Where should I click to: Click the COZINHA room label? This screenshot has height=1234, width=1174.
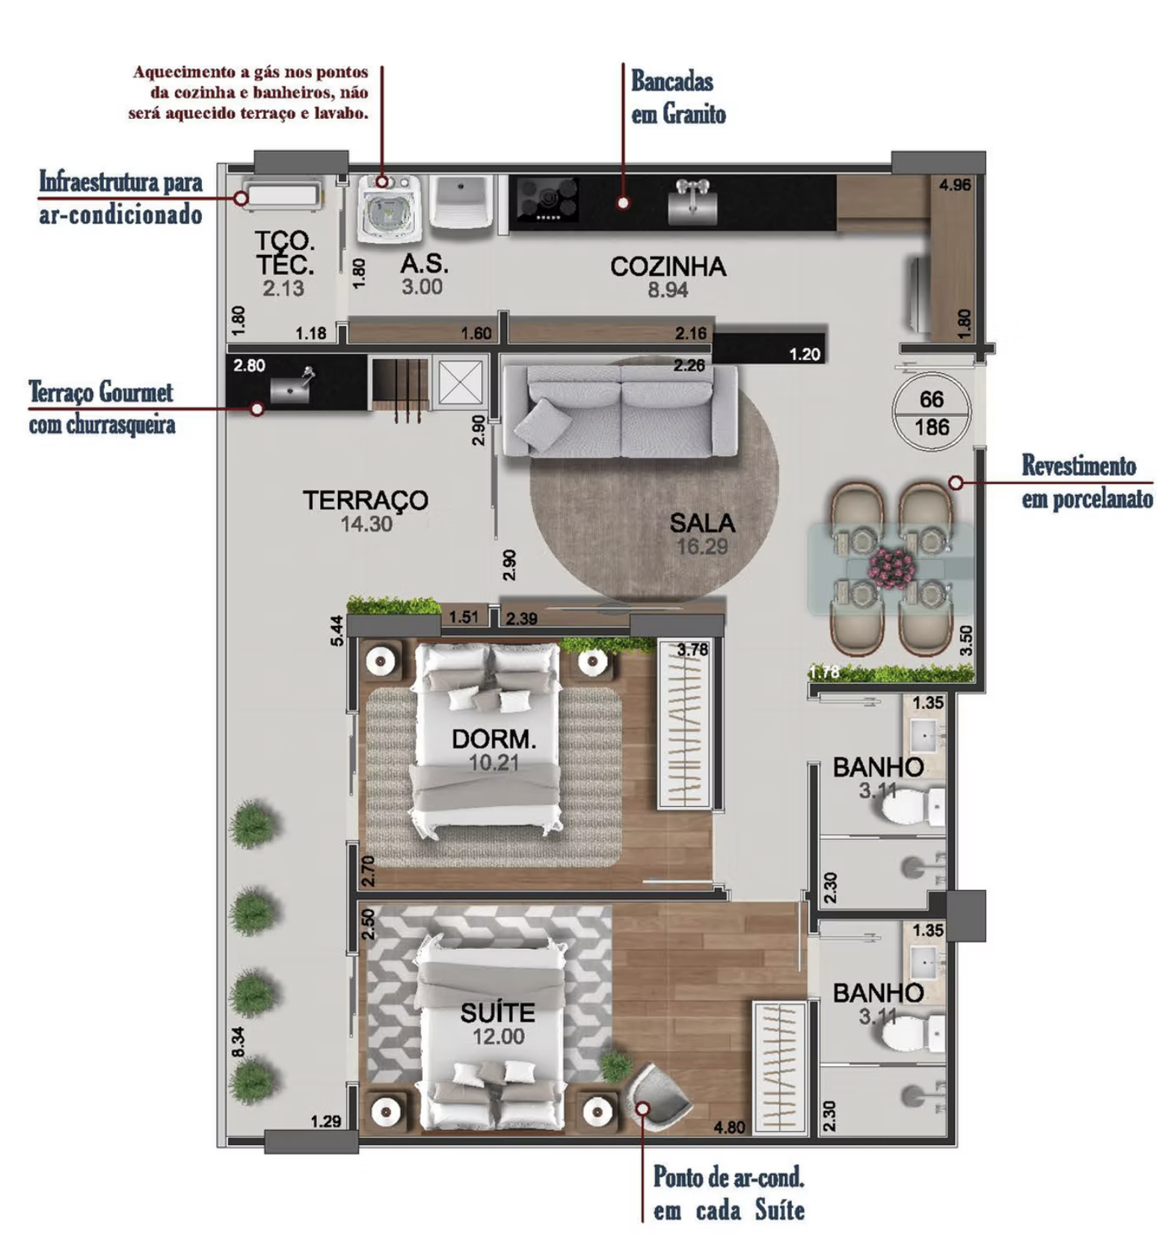tap(668, 266)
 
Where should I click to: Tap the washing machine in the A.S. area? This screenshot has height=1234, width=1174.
tap(386, 209)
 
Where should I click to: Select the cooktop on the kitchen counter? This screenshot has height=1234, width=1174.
tap(547, 200)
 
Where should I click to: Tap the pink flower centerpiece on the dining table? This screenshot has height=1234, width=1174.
tap(891, 565)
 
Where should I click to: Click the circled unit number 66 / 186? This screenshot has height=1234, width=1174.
tap(932, 413)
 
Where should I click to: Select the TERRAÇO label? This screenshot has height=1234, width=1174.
tap(366, 500)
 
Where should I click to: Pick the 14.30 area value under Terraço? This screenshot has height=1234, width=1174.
tap(366, 524)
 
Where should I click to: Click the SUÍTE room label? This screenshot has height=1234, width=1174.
tap(497, 1013)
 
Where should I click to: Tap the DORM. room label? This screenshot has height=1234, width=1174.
tap(494, 739)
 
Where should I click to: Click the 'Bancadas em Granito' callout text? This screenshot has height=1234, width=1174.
tap(678, 97)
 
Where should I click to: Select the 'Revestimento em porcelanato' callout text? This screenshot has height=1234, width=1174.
tap(1087, 482)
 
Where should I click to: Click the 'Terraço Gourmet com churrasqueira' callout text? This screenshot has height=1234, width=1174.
tap(102, 408)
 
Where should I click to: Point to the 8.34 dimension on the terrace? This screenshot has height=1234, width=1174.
tap(239, 1042)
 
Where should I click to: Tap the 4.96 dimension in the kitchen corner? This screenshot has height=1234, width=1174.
tap(955, 185)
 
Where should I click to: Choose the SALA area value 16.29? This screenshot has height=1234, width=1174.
tap(702, 547)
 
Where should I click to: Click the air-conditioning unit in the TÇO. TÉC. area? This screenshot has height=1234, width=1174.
tap(283, 195)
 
